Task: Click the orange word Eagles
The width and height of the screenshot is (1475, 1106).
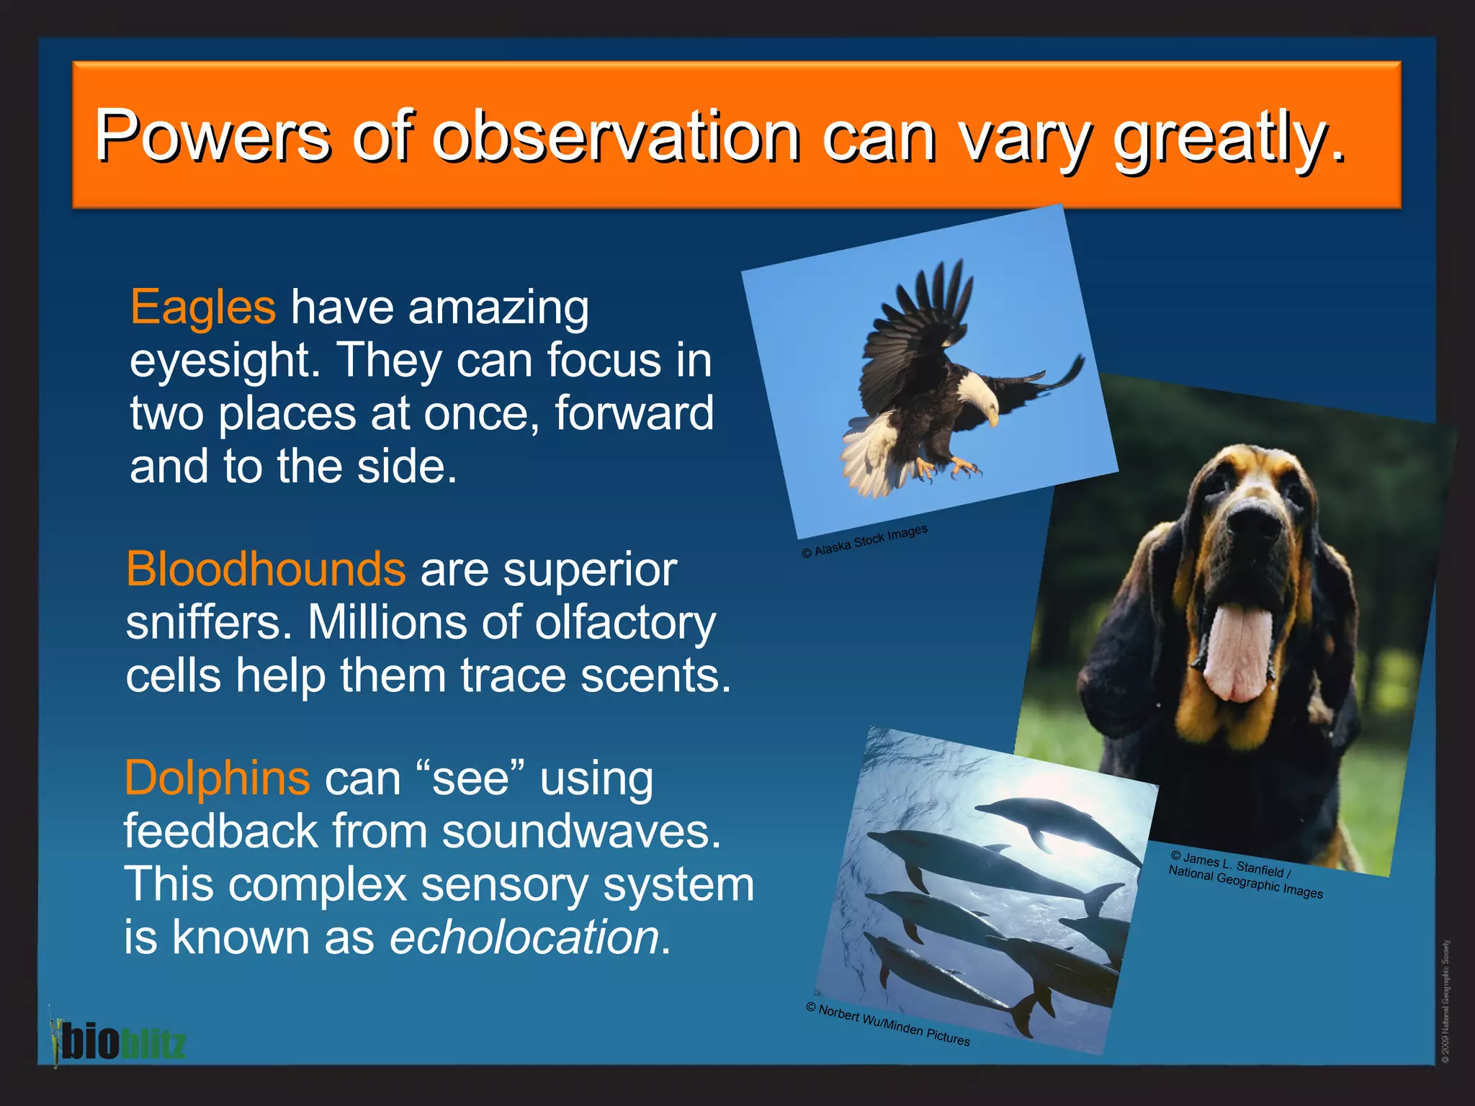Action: [x=202, y=307]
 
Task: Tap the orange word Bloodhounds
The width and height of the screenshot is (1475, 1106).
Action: [x=266, y=570]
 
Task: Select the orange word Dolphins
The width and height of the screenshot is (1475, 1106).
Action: [x=217, y=778]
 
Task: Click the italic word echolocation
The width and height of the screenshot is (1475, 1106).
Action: [x=524, y=938]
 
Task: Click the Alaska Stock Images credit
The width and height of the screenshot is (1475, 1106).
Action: [x=864, y=541]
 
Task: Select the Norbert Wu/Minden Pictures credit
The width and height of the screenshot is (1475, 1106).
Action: [x=887, y=1025]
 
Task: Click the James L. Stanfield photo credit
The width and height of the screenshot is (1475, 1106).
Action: [x=1245, y=875]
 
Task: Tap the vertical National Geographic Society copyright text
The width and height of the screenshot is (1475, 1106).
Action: [x=1445, y=1001]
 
